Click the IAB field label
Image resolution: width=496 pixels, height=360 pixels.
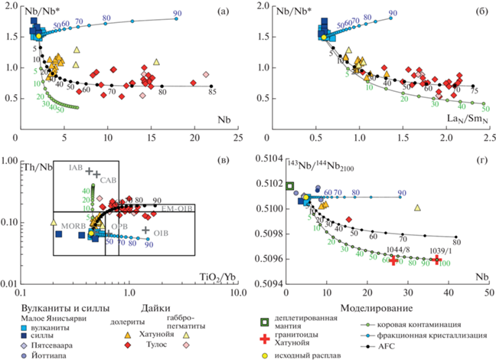pos(75,167)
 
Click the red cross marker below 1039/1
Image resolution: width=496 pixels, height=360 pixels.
pos(438,260)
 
